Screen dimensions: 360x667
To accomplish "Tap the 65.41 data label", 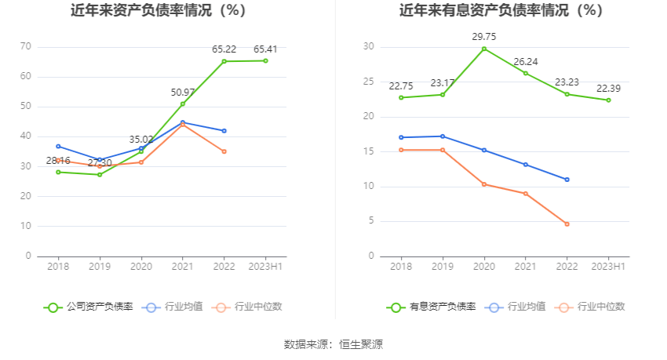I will [265, 49].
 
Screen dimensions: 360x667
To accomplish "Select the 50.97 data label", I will [183, 93].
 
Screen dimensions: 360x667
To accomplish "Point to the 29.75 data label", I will [484, 37].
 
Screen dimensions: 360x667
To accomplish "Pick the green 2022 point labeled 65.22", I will [224, 61].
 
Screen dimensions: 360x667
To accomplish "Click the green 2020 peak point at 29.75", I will [484, 49].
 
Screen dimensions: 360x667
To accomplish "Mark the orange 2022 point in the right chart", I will [567, 224].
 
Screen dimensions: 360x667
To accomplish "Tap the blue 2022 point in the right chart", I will [567, 180].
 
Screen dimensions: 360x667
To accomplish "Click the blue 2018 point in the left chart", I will [58, 146].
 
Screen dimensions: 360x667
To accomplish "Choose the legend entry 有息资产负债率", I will [432, 307].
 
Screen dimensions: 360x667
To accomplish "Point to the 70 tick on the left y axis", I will [26, 47].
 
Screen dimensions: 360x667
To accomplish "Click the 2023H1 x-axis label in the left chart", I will [265, 267].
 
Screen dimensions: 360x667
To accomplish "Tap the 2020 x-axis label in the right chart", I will [484, 267].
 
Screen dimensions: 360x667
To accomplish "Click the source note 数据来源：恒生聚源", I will [333, 344].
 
